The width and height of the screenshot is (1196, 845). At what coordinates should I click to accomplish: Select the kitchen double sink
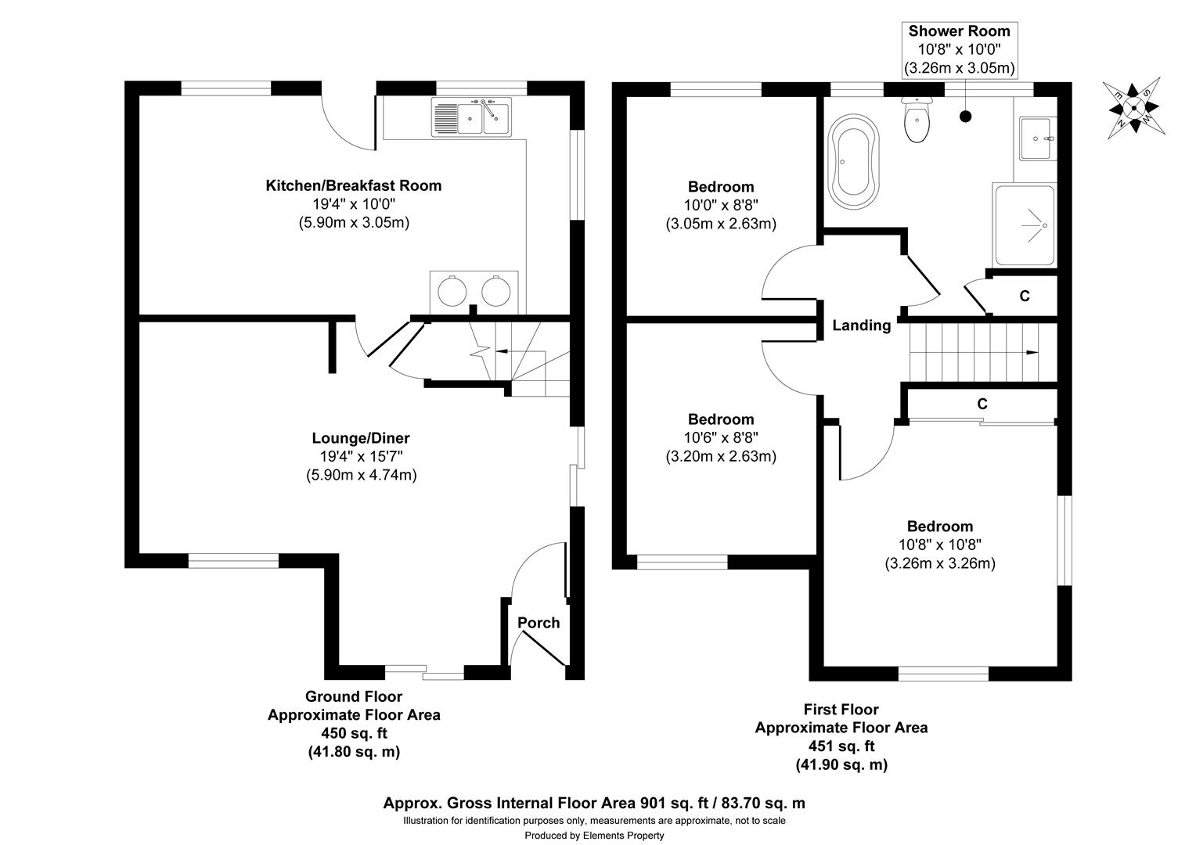click(x=470, y=117)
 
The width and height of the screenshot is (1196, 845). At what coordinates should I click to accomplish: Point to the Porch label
click(x=539, y=623)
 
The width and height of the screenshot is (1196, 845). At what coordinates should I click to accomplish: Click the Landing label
click(x=861, y=325)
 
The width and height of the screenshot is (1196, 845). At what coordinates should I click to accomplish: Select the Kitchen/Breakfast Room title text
click(x=354, y=185)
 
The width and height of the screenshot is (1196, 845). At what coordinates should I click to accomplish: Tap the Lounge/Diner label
click(x=360, y=438)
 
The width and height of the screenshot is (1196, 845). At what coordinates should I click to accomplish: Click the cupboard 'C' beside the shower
click(x=1024, y=297)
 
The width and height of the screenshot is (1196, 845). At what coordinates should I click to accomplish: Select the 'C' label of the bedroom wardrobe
click(x=982, y=404)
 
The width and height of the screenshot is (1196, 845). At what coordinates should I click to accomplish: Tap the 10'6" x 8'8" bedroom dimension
click(x=720, y=438)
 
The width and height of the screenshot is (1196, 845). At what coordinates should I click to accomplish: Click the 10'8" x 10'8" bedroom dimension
click(x=939, y=545)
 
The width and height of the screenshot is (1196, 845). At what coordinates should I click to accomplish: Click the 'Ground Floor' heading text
click(x=354, y=696)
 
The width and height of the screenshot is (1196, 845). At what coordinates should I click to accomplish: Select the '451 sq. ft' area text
click(x=841, y=746)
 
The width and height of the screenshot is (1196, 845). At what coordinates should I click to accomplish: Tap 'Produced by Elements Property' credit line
click(x=594, y=836)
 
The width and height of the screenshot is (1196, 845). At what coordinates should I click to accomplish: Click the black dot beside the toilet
click(x=965, y=117)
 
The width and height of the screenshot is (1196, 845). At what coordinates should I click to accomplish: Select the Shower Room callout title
click(x=959, y=31)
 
